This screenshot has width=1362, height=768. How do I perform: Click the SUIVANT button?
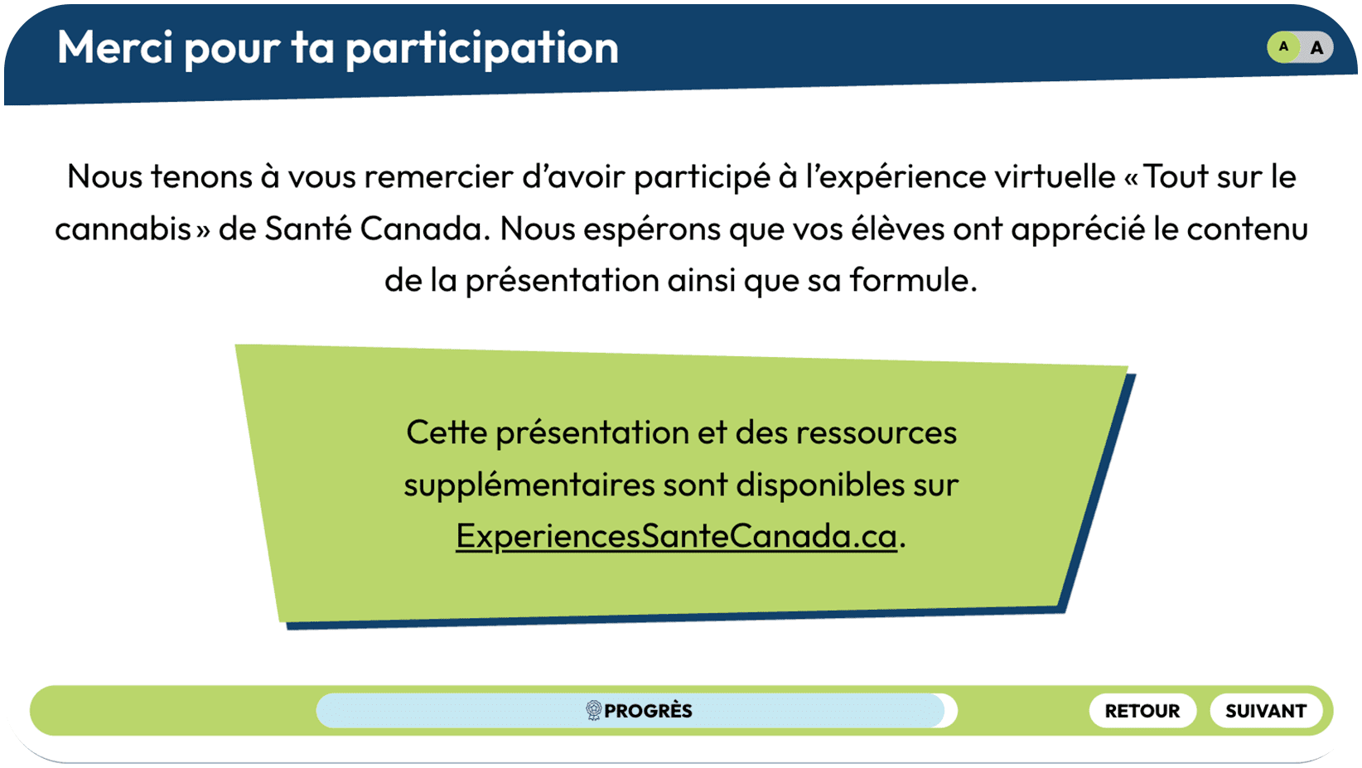tap(1266, 710)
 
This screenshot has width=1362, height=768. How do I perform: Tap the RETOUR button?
tap(1142, 710)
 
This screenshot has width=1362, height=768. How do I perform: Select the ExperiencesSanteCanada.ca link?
tap(676, 536)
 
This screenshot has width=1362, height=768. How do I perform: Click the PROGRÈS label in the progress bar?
tap(648, 710)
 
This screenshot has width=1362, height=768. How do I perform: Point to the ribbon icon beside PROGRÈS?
tap(593, 710)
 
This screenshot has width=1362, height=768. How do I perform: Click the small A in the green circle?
tap(1283, 47)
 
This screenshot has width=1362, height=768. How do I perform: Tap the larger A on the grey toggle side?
tap(1316, 47)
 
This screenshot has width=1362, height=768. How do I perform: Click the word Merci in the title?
tap(115, 47)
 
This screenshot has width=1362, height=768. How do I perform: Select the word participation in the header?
tap(482, 50)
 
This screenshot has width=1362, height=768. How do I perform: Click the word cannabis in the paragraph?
tap(123, 229)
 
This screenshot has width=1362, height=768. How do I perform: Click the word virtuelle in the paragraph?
tap(1055, 176)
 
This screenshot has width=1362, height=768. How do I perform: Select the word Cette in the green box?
tap(447, 433)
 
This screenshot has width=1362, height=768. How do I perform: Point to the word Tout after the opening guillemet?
tap(1176, 176)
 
